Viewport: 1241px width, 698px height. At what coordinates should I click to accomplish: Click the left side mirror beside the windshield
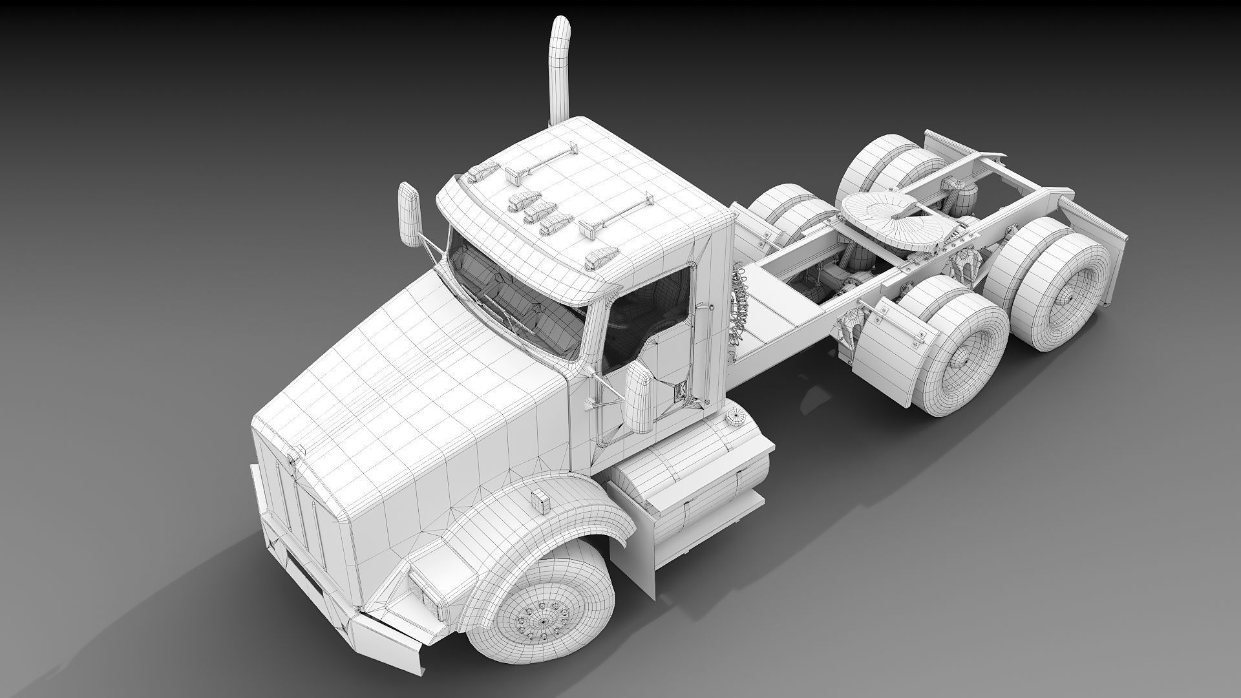tap(409, 214)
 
